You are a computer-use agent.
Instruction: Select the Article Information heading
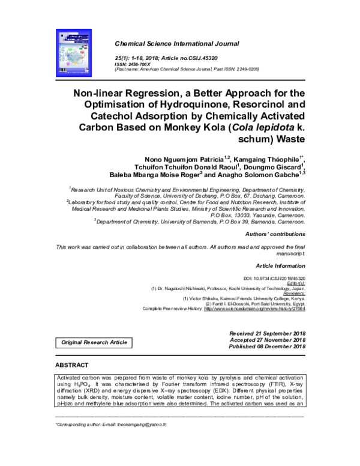281,265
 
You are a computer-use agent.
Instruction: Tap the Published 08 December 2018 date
267,346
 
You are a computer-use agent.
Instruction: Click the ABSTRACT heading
71,365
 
